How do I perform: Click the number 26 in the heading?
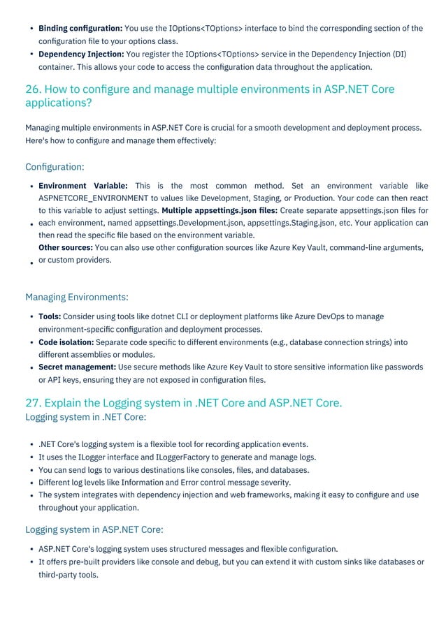(x=32, y=89)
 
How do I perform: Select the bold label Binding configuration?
(x=80, y=29)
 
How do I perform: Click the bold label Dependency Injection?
(x=81, y=54)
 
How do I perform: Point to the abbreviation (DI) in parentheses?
(x=398, y=54)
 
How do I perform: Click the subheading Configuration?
(x=55, y=167)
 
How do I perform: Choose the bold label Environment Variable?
(x=82, y=186)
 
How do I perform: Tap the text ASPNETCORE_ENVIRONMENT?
(x=94, y=198)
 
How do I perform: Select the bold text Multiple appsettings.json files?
(x=220, y=210)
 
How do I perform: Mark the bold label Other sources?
(x=65, y=247)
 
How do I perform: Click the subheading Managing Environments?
(x=76, y=298)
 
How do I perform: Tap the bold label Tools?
(x=50, y=316)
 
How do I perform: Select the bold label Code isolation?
(x=66, y=342)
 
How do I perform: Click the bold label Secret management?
(x=77, y=367)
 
